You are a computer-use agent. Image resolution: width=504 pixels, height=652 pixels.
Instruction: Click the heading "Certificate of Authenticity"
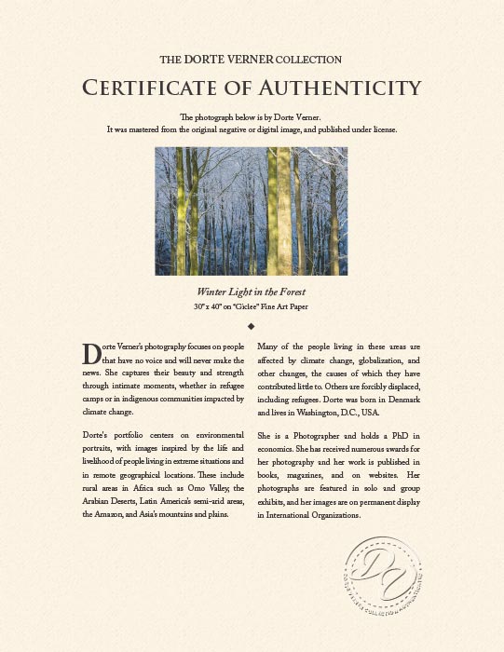point(252,88)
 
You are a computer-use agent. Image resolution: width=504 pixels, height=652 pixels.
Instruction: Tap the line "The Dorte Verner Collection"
point(252,59)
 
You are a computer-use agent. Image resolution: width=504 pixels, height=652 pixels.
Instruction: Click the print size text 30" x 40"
point(209,306)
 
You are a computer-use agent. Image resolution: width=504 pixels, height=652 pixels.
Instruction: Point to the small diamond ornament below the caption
point(252,326)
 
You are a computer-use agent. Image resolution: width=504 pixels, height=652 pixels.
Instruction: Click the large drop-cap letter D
point(91,354)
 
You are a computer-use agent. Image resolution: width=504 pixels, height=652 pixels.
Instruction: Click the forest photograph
point(252,211)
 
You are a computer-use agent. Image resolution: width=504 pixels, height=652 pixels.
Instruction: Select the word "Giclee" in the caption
point(245,306)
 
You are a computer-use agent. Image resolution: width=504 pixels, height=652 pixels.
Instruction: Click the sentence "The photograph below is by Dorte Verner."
point(252,117)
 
